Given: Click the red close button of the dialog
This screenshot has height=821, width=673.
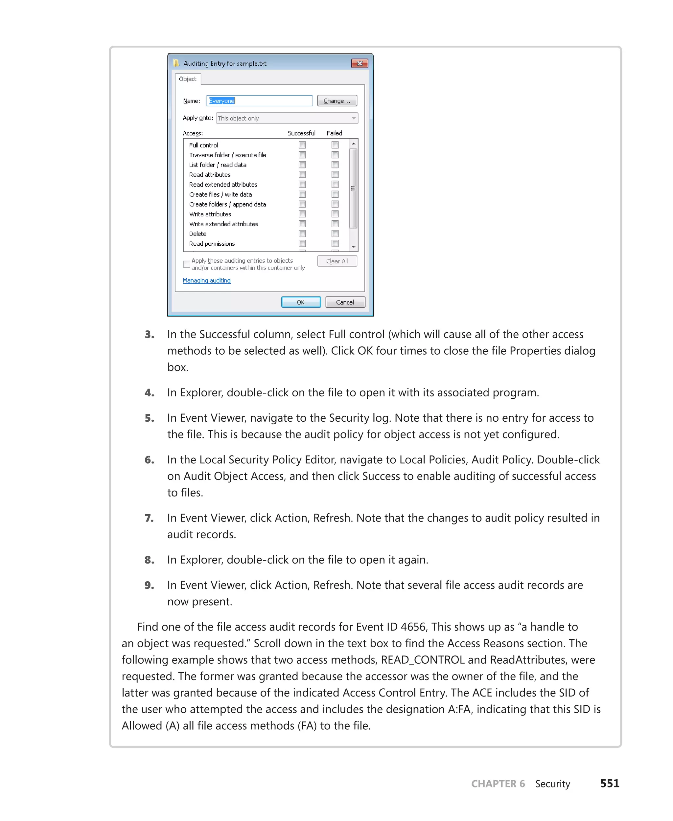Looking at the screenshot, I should [360, 63].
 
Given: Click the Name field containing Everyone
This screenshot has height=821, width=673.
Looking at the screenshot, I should [259, 101].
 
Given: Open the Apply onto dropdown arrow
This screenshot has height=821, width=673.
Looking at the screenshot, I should [353, 118].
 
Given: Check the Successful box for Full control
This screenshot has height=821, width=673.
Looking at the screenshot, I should [302, 145].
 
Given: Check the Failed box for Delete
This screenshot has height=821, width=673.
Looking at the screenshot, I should [335, 233].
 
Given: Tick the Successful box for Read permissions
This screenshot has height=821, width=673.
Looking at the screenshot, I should [302, 243].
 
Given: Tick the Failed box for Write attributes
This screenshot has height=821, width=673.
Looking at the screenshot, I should [335, 214].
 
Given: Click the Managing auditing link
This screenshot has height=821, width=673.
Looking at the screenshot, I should [206, 280].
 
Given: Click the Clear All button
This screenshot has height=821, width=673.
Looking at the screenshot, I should [336, 261].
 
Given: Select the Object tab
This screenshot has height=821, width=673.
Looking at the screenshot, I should [188, 79].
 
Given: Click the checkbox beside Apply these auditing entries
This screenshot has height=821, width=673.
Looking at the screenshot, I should [186, 264].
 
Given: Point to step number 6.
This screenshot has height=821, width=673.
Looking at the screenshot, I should [149, 460].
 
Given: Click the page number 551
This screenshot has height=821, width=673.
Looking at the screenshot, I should [610, 784].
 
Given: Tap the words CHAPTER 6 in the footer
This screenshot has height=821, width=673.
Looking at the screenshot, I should [498, 784].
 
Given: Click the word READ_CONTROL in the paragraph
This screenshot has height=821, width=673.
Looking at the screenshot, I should [423, 660].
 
